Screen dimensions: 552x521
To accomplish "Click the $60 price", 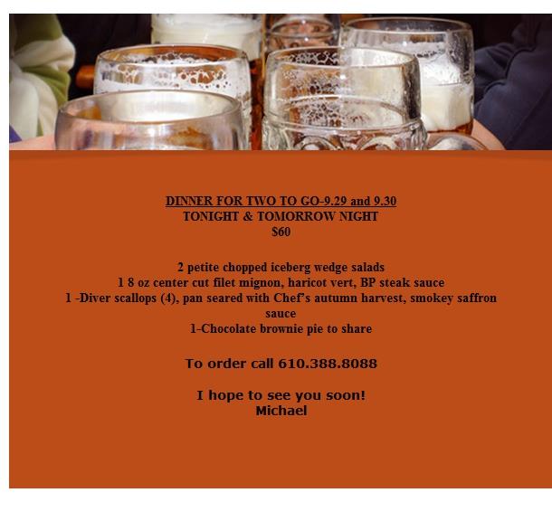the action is [x=281, y=232].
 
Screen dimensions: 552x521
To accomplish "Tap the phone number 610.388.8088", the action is [x=328, y=364].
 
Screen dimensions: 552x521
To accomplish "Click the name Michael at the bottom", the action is [x=281, y=411].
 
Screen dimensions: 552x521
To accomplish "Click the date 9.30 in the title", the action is [x=385, y=201].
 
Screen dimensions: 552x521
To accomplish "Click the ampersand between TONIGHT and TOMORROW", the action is [x=248, y=216].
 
